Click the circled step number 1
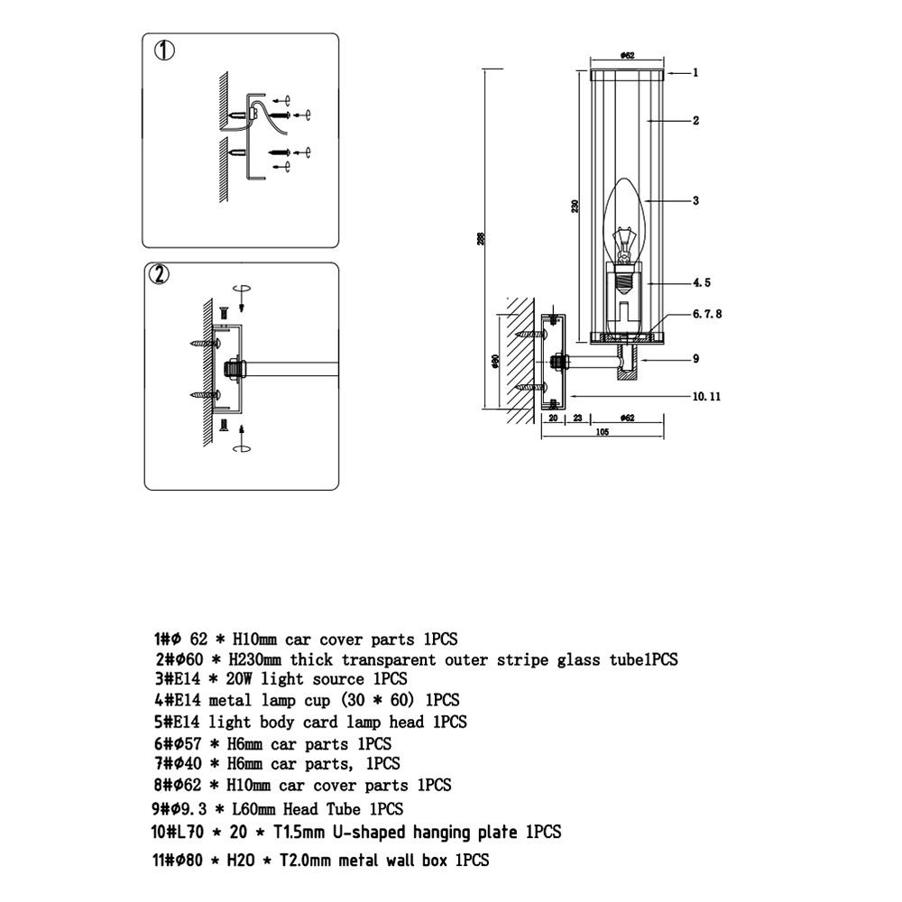(x=164, y=51)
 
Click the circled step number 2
(x=160, y=274)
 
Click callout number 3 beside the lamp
(x=695, y=201)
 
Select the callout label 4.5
(x=702, y=282)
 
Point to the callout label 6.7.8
(x=707, y=314)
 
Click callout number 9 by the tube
(x=696, y=359)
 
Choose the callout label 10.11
(x=706, y=396)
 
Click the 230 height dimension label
(x=575, y=207)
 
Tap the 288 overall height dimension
(x=481, y=238)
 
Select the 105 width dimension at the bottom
(x=603, y=432)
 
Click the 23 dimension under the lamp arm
(x=578, y=419)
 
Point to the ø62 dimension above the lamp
(x=627, y=56)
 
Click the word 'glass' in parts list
(x=578, y=660)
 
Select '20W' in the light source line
(x=239, y=679)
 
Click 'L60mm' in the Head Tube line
(x=253, y=809)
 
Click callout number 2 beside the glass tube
(x=695, y=121)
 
